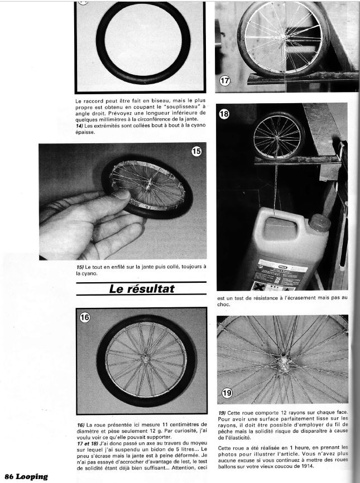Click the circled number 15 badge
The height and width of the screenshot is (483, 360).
(x=196, y=152)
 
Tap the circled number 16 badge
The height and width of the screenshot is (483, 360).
(x=85, y=317)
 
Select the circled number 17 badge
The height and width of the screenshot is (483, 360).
(x=224, y=81)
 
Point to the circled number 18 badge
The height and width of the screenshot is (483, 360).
(x=224, y=114)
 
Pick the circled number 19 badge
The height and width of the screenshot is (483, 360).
(x=226, y=393)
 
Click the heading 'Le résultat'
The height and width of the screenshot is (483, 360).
(x=141, y=289)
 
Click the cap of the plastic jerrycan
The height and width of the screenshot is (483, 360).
(x=320, y=223)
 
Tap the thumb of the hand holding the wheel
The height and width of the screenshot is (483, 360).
(x=118, y=196)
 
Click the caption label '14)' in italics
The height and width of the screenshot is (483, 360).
(x=80, y=126)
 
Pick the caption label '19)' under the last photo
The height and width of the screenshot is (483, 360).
(x=222, y=412)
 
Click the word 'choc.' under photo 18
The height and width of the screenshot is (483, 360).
(x=224, y=305)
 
